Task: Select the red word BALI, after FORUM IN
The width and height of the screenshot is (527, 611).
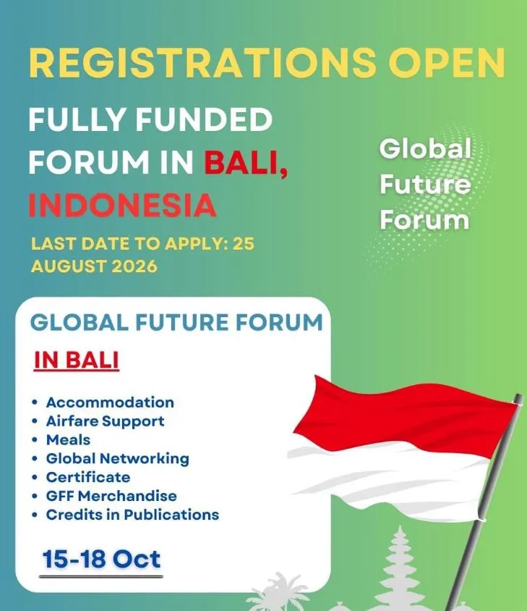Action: (x=247, y=162)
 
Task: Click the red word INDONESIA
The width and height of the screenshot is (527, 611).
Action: (x=122, y=205)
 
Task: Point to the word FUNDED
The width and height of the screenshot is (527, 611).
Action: (x=204, y=119)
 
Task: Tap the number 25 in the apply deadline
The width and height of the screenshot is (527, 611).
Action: (x=244, y=244)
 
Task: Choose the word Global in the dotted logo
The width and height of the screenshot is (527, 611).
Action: (x=425, y=148)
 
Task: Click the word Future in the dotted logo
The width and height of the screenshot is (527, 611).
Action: (x=425, y=184)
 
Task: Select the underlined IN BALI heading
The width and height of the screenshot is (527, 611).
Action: (x=77, y=360)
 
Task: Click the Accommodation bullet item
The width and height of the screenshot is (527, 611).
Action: (x=110, y=403)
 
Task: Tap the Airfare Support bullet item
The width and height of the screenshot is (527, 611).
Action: (x=105, y=421)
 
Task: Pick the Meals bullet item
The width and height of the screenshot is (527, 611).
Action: (x=68, y=440)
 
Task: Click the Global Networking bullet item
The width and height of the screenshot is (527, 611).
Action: (x=118, y=459)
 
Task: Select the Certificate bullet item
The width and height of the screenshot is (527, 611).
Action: (x=88, y=477)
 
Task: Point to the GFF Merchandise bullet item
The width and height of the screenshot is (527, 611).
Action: (x=111, y=496)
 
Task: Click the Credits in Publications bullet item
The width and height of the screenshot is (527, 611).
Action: (x=132, y=515)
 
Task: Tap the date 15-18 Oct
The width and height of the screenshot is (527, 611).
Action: (x=101, y=559)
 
